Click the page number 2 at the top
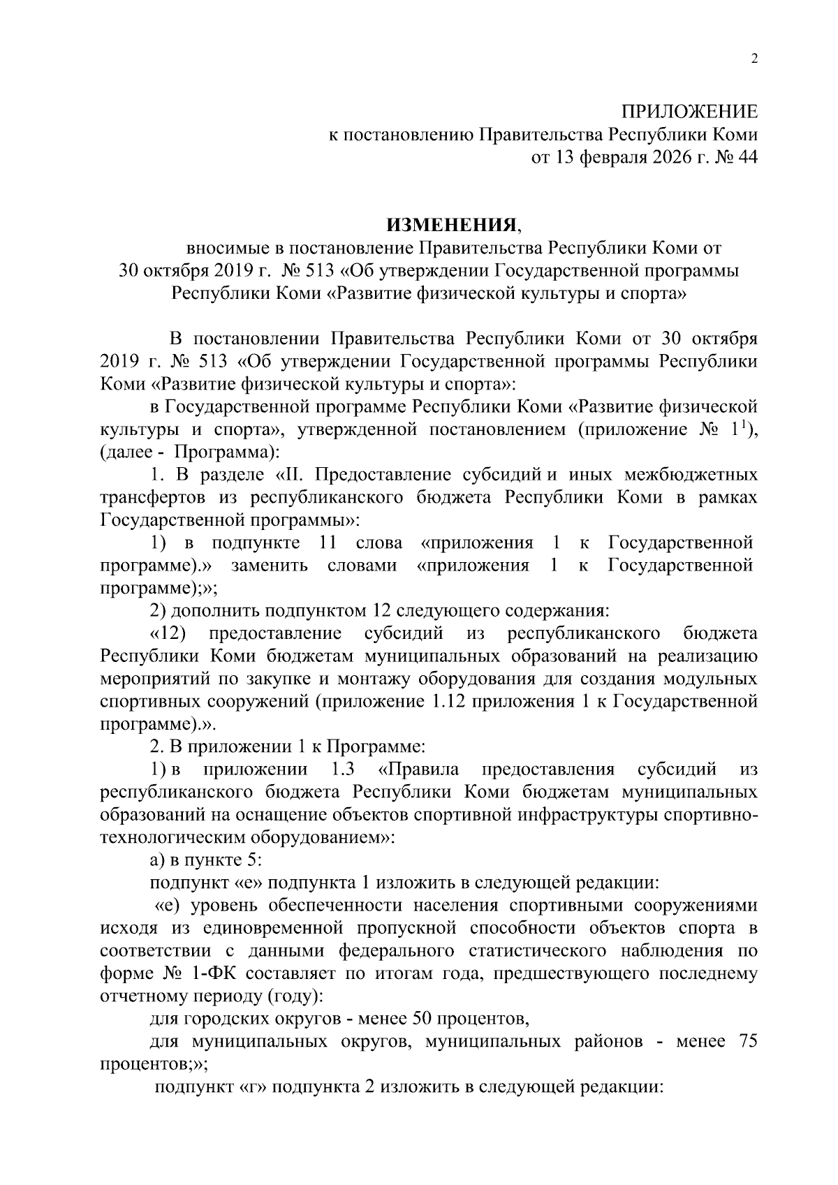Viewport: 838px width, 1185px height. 754,60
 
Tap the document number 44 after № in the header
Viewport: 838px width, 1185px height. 746,158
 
